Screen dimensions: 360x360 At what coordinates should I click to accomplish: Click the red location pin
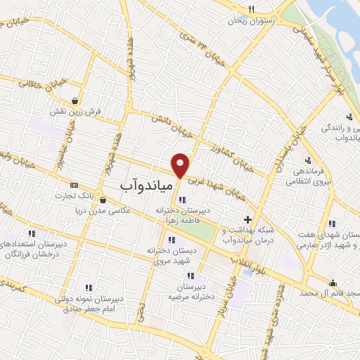181,165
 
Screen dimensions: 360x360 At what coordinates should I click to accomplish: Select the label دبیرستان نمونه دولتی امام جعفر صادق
89,302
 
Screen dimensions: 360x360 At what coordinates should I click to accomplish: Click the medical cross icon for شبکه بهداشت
247,220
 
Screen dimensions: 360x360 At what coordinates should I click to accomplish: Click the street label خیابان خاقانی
25,82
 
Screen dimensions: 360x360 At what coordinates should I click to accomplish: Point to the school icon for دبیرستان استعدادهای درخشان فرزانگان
31,233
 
